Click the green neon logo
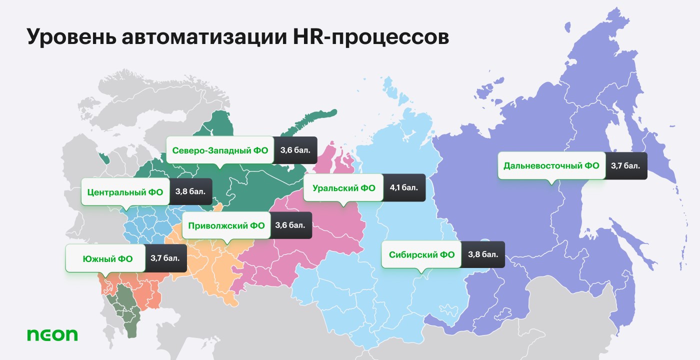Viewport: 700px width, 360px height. (52, 334)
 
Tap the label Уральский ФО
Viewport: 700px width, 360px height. (343, 188)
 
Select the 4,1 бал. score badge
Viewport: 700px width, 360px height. (404, 188)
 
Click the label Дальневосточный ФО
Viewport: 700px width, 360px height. (551, 165)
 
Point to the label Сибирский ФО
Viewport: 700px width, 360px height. (421, 255)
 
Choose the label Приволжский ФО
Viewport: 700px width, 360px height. (226, 225)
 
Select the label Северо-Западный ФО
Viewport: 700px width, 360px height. (220, 150)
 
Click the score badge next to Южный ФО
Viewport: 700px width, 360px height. (165, 258)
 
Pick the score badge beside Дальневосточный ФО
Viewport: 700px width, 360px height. (625, 165)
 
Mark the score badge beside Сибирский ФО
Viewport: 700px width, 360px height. (483, 255)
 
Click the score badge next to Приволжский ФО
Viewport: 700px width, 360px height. (290, 225)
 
